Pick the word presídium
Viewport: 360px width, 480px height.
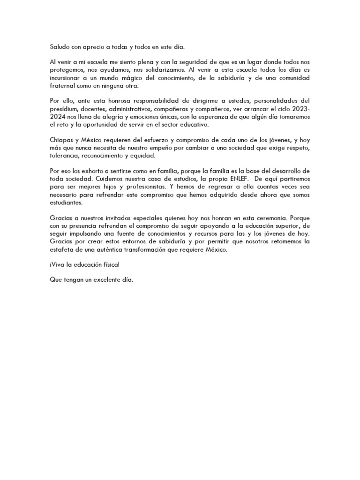(65, 109)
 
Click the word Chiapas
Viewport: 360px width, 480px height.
(62, 140)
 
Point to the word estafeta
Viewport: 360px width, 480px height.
(63, 250)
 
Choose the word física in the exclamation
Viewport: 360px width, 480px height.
(109, 265)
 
